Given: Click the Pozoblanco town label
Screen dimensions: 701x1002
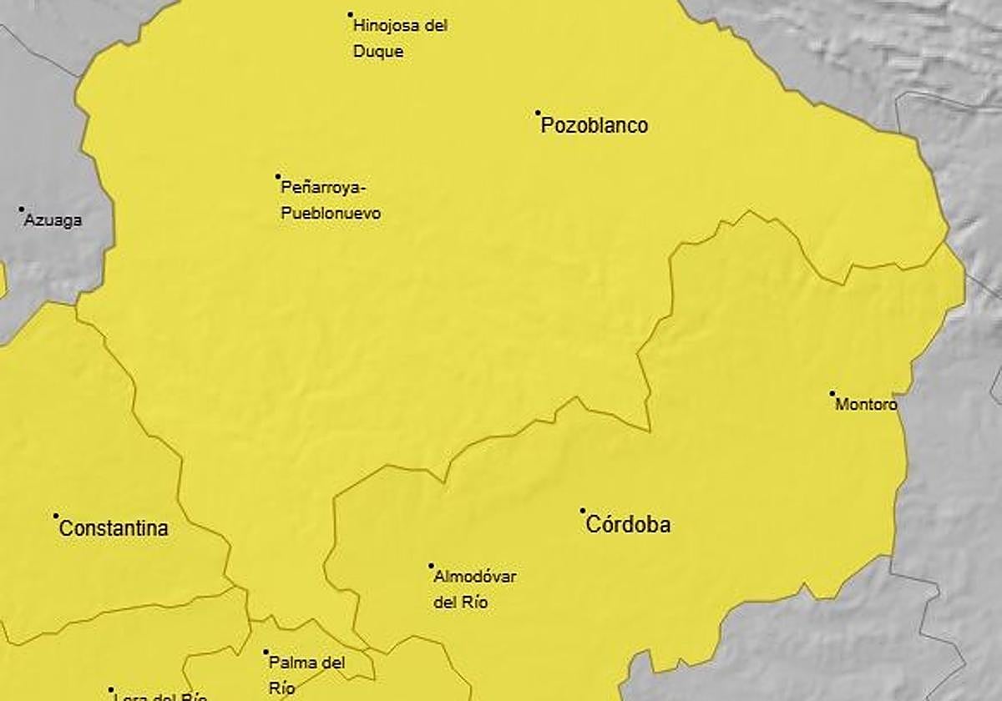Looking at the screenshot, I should (595, 126).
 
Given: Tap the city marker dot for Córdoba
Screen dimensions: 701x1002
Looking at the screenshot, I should (583, 511).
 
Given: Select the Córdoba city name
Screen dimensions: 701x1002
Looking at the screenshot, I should (628, 525).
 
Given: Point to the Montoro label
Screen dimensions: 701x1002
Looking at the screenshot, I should (866, 405).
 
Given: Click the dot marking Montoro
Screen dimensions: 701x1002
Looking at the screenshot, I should (832, 393).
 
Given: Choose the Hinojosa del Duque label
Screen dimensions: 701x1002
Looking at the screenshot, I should (400, 38).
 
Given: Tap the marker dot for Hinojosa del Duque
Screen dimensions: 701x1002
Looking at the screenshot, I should (351, 14).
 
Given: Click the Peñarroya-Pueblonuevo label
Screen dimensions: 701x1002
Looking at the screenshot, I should (331, 199).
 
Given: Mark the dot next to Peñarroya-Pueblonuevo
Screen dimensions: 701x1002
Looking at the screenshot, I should (278, 176).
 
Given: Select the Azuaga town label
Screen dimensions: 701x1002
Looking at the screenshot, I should (53, 221).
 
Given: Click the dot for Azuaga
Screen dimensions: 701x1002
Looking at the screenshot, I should (22, 209).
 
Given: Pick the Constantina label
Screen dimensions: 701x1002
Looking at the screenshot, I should (114, 528).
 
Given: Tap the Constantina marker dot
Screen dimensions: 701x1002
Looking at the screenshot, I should (56, 516).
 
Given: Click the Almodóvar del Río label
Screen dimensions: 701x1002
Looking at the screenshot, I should (475, 589).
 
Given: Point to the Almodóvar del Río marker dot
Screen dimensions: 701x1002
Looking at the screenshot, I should (431, 565).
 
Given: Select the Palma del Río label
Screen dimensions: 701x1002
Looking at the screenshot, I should (306, 675).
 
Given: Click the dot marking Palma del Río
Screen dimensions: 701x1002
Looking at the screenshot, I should (266, 652).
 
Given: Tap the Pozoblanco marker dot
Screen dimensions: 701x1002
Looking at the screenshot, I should (538, 113).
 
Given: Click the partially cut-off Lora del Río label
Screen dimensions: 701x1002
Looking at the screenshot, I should (159, 696).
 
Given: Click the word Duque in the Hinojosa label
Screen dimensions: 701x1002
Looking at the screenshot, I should (378, 52).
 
